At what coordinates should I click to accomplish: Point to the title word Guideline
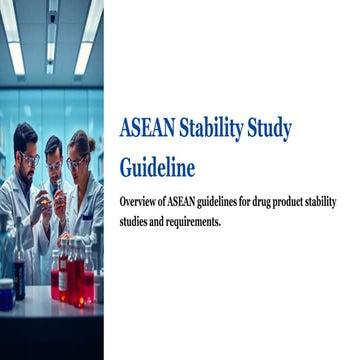(x=157, y=166)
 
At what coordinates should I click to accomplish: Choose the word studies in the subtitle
(x=136, y=221)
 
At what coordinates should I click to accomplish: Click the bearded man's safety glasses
(x=29, y=158)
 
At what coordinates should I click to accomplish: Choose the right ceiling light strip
(x=86, y=40)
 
